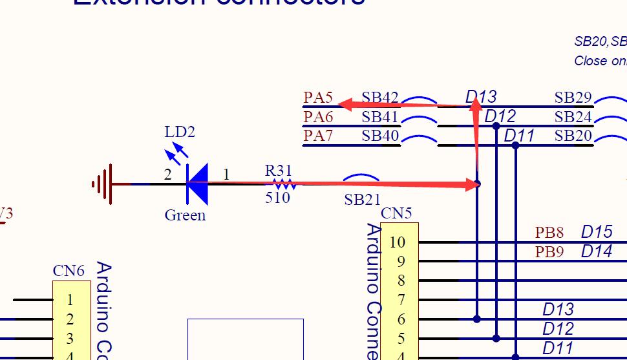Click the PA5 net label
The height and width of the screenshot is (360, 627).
pos(318,98)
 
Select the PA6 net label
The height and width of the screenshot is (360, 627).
pos(318,117)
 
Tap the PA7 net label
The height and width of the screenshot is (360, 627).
pos(318,136)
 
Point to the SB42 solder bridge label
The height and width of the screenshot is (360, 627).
pos(380,98)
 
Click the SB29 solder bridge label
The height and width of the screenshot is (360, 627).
pos(573,98)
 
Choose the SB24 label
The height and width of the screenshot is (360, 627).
pos(573,117)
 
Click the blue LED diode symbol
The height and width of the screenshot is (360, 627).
pos(197,184)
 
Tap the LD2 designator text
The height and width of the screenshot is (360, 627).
pos(180,132)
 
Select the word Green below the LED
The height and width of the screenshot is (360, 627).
pos(185,215)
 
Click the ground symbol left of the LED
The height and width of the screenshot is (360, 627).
pos(103,184)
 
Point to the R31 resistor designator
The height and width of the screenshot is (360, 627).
pos(279,171)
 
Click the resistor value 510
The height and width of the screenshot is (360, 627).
pos(277,198)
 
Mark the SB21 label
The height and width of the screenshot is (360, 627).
pos(362,200)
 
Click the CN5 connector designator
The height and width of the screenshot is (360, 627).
pos(396,213)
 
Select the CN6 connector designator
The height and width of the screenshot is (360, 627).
pos(69,271)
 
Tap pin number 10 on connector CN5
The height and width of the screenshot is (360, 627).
pos(397,242)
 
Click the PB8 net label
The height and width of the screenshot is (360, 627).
pos(549,233)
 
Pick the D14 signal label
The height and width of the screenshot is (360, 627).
pos(596,251)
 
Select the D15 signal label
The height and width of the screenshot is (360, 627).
pos(596,232)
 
